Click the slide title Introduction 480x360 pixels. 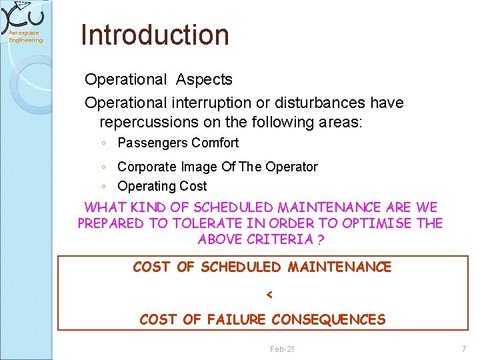pyautogui.click(x=155, y=35)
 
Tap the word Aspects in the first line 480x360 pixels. pyautogui.click(x=204, y=79)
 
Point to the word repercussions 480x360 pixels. pyautogui.click(x=149, y=123)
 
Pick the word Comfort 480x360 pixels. pyautogui.click(x=215, y=143)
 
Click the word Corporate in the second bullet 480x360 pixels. pyautogui.click(x=146, y=167)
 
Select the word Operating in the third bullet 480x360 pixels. pyautogui.click(x=146, y=186)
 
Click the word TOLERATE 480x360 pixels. pyautogui.click(x=203, y=223)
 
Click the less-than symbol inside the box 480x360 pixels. pyautogui.click(x=269, y=294)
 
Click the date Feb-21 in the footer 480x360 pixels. pyautogui.click(x=282, y=349)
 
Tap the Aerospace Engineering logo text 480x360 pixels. pyautogui.click(x=25, y=37)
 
